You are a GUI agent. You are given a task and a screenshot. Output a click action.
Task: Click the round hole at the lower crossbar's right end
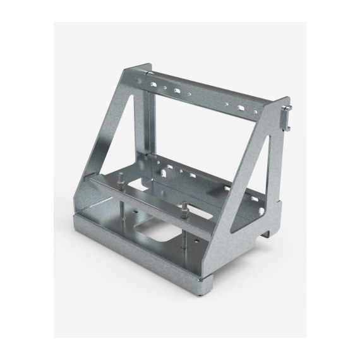(259, 204)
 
